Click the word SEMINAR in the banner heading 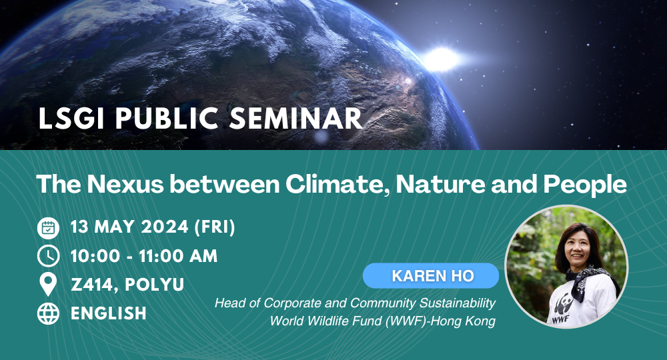click(296, 118)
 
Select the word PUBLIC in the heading click(167, 118)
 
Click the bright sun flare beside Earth click(441, 59)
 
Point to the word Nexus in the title click(125, 184)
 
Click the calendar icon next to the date click(48, 228)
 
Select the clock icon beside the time click(48, 256)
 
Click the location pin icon click(48, 285)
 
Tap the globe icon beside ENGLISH click(48, 313)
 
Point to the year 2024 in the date click(164, 227)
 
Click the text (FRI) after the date click(215, 227)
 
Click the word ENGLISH click(109, 313)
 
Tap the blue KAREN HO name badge click(430, 276)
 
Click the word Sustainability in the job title click(458, 303)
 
